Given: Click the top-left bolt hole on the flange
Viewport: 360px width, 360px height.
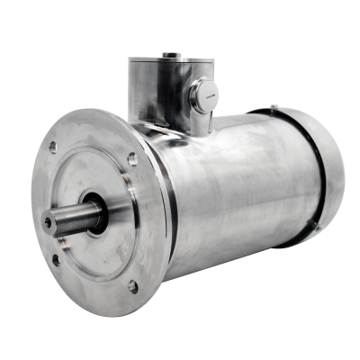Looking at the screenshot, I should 53,147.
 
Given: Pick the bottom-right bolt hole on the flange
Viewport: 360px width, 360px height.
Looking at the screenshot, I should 133,287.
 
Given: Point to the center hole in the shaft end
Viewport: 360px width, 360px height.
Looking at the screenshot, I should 48,221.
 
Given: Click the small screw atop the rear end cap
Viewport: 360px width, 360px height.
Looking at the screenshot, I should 274,107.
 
